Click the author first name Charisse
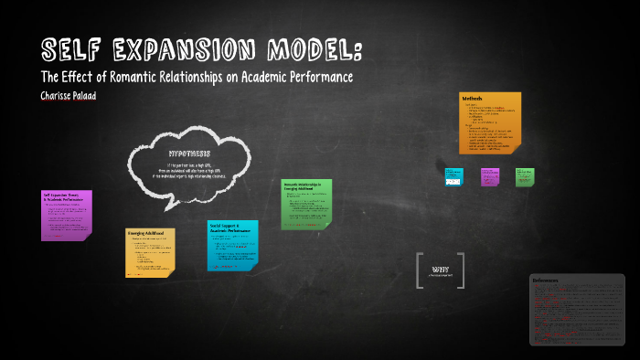(x=60, y=95)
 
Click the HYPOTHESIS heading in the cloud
(x=189, y=153)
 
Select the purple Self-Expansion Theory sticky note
(x=66, y=216)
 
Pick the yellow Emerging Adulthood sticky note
(x=150, y=251)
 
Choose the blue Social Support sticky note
(x=232, y=244)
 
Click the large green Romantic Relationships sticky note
(x=306, y=204)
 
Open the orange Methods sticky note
(x=490, y=122)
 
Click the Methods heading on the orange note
(x=472, y=99)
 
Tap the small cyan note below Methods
(x=454, y=176)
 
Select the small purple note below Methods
(x=490, y=176)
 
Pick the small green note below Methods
(x=524, y=175)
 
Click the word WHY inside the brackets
(x=440, y=269)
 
